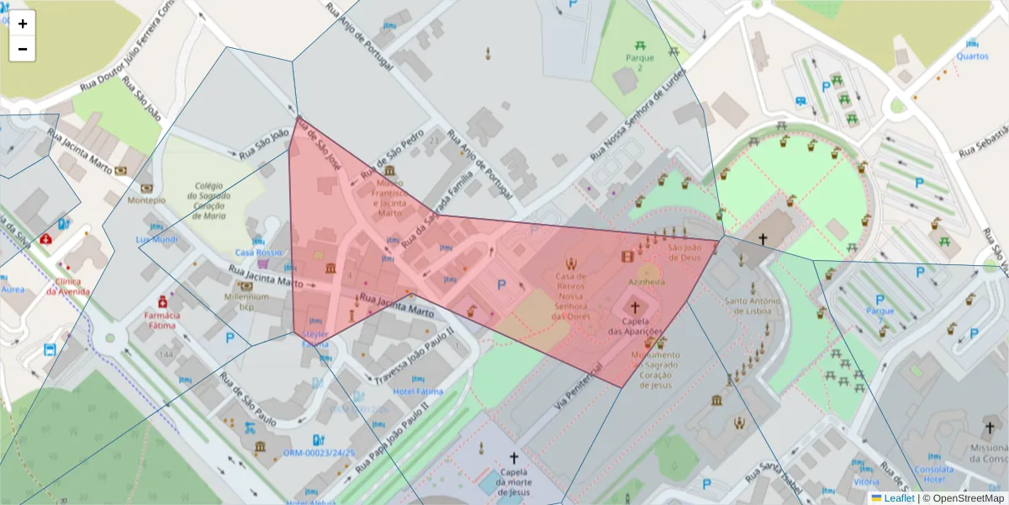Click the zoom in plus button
tap(23, 24)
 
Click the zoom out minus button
tap(23, 49)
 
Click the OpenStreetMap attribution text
tap(963, 498)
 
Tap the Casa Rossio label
tap(258, 252)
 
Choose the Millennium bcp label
tap(241, 301)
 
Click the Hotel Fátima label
tap(417, 391)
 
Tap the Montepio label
tap(146, 200)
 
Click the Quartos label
tap(972, 56)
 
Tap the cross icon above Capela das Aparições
tap(635, 307)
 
